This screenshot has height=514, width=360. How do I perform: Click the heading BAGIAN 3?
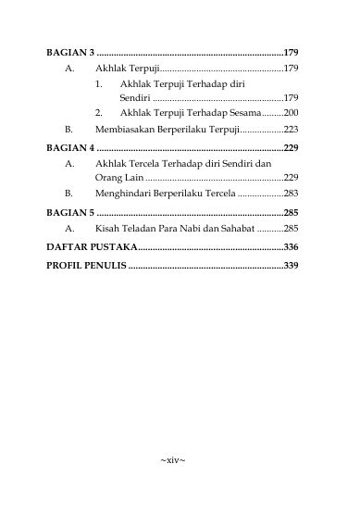(x=70, y=52)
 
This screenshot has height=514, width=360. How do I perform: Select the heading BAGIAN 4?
(x=70, y=147)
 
